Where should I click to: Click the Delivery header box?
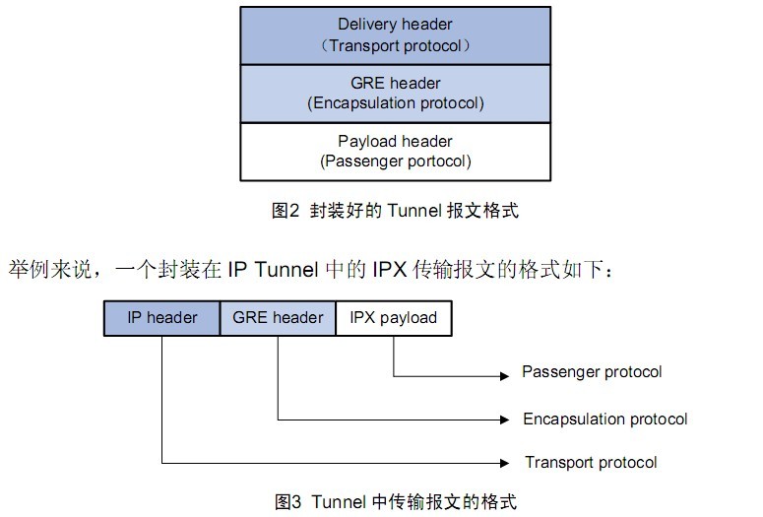[395, 34]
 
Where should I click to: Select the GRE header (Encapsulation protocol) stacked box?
[395, 93]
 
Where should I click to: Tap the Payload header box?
[395, 151]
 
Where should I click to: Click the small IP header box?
[161, 318]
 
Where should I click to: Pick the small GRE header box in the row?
[278, 318]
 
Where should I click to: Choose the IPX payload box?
[394, 318]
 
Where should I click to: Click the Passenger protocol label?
[592, 372]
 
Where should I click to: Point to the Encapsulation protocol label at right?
[604, 420]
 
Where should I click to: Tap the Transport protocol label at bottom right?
[591, 462]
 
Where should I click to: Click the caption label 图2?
[285, 211]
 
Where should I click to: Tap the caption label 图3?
[287, 501]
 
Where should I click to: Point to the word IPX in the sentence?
[416, 269]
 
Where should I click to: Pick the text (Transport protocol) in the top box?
[395, 45]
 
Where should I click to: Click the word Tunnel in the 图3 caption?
[337, 501]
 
